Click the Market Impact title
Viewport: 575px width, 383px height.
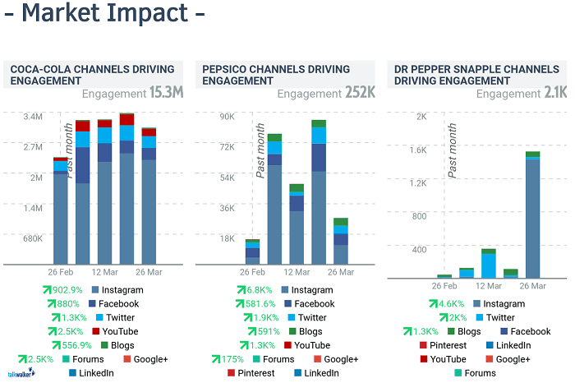(x=103, y=13)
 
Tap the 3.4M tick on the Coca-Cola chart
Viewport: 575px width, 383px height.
(x=33, y=117)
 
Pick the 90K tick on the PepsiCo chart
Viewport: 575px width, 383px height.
(x=227, y=117)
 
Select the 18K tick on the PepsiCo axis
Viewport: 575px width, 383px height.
(x=227, y=238)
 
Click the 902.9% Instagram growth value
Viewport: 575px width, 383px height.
(x=66, y=290)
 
